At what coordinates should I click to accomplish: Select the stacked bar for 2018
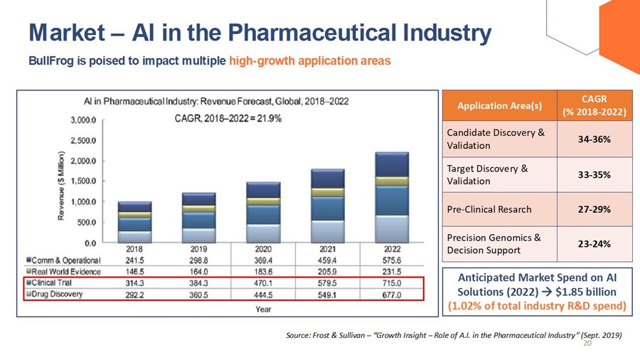click(134, 222)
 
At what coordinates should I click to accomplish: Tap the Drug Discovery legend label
click(56, 293)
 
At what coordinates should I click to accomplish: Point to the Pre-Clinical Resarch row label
click(489, 209)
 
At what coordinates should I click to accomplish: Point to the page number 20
click(587, 343)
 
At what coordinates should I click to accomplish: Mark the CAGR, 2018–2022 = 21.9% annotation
click(228, 118)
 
